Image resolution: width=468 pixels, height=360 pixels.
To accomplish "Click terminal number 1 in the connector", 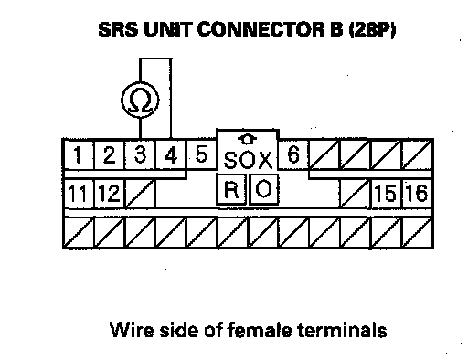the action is [x=78, y=154].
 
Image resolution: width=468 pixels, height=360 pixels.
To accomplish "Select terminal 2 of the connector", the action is [x=109, y=154].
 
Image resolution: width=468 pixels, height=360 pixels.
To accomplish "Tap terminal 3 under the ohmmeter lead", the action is [x=140, y=154].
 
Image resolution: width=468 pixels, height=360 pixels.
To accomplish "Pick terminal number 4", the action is [x=171, y=154].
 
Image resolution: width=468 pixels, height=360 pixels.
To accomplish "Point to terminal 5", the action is [x=201, y=154].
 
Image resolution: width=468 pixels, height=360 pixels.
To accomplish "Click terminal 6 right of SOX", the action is [x=293, y=154].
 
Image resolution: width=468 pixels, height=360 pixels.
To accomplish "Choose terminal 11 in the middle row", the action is [x=78, y=194].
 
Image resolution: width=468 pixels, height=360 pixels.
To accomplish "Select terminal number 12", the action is [x=109, y=194].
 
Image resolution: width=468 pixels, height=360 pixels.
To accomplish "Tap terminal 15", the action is [x=387, y=194].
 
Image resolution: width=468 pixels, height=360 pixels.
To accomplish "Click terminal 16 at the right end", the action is [x=418, y=194].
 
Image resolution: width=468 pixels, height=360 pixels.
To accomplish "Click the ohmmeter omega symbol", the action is [x=140, y=101].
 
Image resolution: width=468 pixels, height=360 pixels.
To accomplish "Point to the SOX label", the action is [x=248, y=160].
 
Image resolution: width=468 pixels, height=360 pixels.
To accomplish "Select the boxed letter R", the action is [x=231, y=189].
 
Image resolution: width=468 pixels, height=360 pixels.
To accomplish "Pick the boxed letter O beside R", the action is [x=264, y=189].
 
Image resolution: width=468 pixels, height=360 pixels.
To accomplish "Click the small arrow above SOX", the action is [x=247, y=140].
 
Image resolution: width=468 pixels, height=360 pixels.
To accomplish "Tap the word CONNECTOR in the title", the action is [x=261, y=30].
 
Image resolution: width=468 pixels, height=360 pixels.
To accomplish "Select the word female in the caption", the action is [x=260, y=330].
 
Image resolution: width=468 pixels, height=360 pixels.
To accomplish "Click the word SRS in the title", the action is [x=118, y=30].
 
